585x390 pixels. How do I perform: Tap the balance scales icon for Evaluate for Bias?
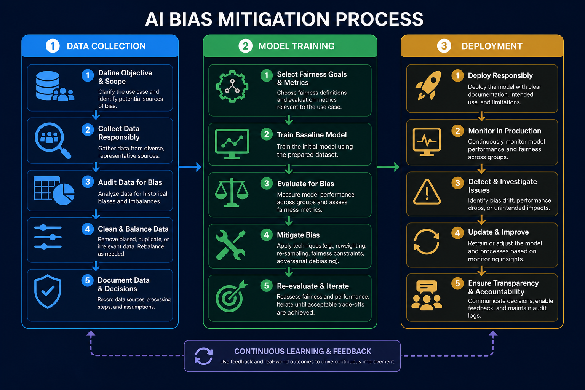tap(232, 192)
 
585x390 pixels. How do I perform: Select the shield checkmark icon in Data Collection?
tap(48, 291)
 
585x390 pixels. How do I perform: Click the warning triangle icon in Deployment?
tap(427, 192)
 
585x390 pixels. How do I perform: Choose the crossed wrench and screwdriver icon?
tap(230, 245)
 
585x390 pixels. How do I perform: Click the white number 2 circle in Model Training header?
tap(245, 46)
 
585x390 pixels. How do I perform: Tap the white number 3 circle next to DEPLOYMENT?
tap(444, 46)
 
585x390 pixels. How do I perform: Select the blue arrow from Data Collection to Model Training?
tap(190, 167)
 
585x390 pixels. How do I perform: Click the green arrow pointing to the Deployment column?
tap(388, 167)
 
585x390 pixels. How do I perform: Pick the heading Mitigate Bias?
tap(298, 235)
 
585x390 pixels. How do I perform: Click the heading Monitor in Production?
tap(505, 131)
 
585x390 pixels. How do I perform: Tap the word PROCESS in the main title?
tap(379, 19)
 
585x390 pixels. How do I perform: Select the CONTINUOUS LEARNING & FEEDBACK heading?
tap(302, 351)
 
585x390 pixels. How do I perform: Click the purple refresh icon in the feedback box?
tap(204, 356)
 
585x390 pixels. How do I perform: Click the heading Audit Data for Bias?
tap(130, 182)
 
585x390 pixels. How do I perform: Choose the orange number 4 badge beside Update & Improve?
tap(457, 232)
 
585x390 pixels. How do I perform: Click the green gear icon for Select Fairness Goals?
tap(232, 86)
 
